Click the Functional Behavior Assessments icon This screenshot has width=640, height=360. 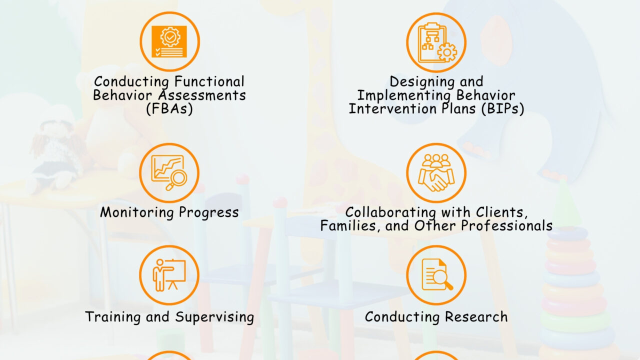(169, 41)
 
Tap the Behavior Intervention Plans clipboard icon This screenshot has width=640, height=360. (436, 42)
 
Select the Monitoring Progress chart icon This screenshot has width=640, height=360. (169, 172)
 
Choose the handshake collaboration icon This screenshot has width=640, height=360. (436, 172)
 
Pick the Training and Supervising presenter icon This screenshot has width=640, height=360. (169, 275)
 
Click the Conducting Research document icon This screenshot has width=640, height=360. (436, 275)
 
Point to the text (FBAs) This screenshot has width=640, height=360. (169, 109)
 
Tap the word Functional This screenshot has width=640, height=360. (210, 81)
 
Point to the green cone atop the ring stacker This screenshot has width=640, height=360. (566, 204)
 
